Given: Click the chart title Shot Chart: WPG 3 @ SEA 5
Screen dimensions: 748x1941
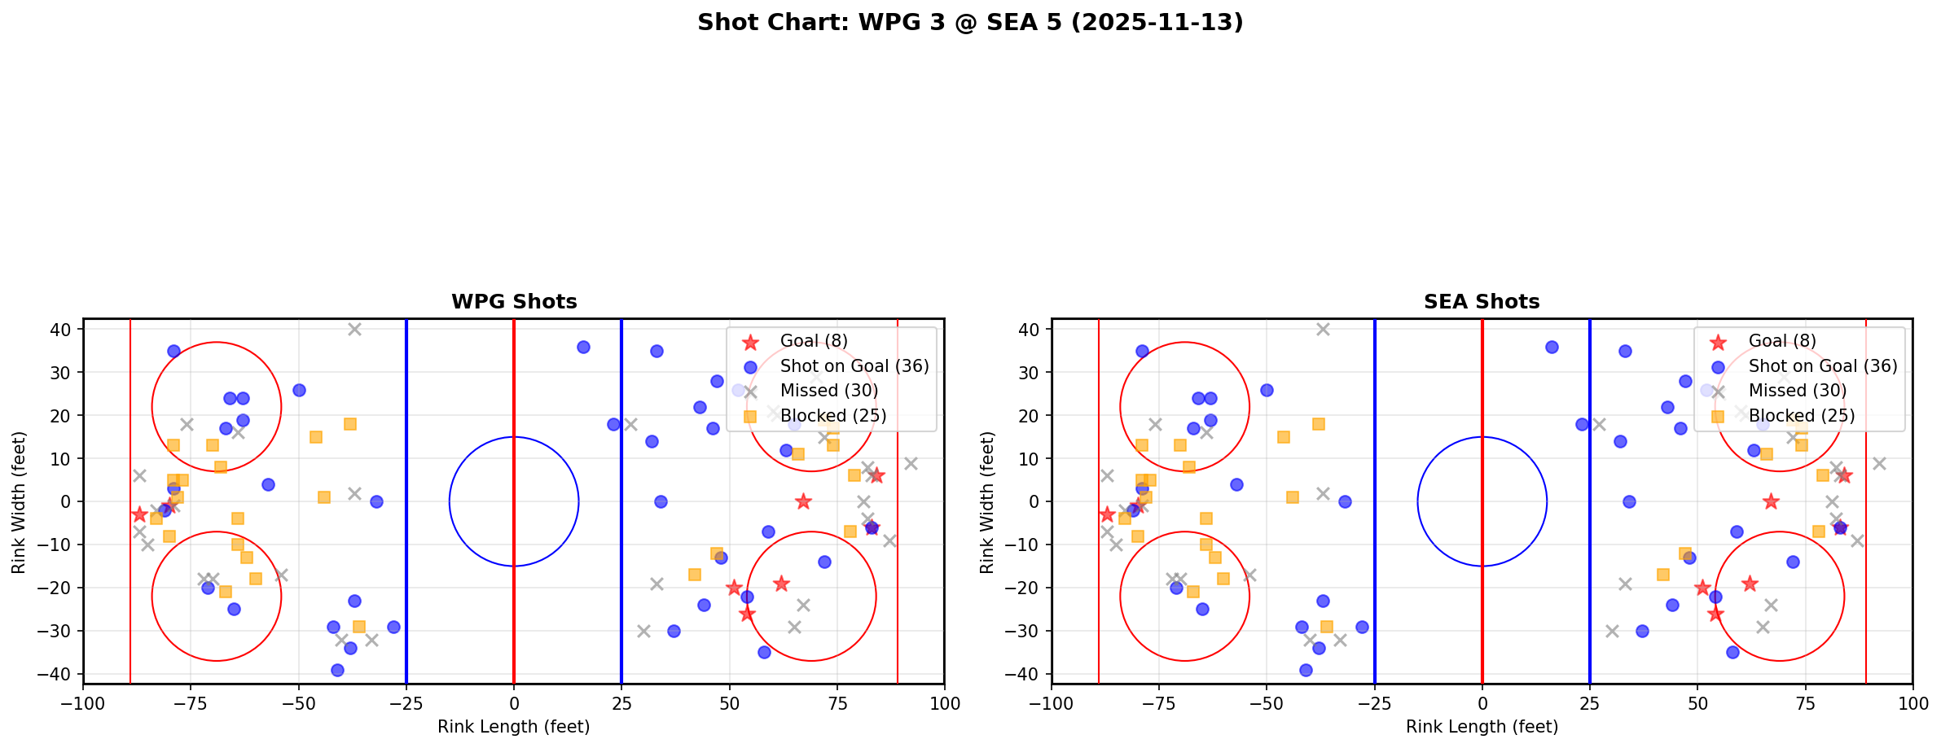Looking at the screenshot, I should pos(970,23).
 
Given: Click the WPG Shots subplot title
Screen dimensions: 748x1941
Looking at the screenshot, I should pos(514,302).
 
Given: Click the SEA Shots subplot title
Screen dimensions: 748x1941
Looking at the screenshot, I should pos(1482,302).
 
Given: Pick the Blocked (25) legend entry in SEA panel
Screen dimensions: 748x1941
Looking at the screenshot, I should pos(1802,416).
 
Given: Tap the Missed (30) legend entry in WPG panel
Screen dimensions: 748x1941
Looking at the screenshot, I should pos(828,391).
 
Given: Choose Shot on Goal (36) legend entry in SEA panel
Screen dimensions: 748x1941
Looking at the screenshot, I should pos(1823,366).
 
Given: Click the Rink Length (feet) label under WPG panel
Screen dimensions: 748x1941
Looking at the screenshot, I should pos(514,727).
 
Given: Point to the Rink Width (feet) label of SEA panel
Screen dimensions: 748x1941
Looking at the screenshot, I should pos(987,502).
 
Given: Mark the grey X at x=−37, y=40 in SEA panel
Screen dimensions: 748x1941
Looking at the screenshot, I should pos(1323,330).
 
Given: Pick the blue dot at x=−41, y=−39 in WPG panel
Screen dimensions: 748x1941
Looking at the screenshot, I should pos(337,670).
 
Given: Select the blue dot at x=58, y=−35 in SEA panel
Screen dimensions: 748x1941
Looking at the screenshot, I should pos(1732,652).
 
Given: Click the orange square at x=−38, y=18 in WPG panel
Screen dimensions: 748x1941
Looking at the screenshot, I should pos(350,424).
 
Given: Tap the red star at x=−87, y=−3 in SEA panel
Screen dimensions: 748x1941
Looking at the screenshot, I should pos(1107,514).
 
